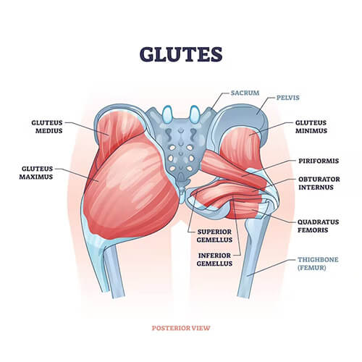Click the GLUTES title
coord(181,54)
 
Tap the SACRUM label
coord(245,93)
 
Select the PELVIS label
coord(288,98)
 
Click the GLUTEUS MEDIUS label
coord(47,127)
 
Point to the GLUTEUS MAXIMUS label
coord(36,173)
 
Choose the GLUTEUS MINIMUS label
coord(311,127)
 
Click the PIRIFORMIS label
coord(319,161)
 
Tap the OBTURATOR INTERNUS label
coord(319,183)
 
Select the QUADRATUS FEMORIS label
coord(318,226)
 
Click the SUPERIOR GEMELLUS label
coord(214,236)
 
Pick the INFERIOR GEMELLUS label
coord(214,259)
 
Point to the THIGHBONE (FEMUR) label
coord(318,264)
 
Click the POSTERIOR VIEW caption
coord(181,328)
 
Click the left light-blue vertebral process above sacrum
coord(167,114)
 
